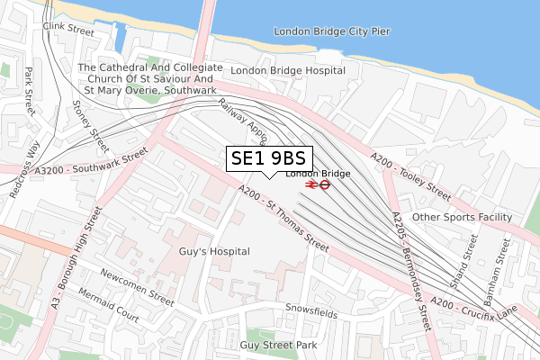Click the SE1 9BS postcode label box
tap(268, 158)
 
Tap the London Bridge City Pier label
tap(332, 31)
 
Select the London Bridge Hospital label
tap(287, 70)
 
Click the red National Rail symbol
tap(310, 184)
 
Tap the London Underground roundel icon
tap(327, 184)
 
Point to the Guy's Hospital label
tap(214, 252)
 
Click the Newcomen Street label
tap(137, 286)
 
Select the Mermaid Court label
tap(108, 317)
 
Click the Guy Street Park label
tap(280, 345)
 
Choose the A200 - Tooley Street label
tap(409, 177)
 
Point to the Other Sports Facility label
tap(462, 218)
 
